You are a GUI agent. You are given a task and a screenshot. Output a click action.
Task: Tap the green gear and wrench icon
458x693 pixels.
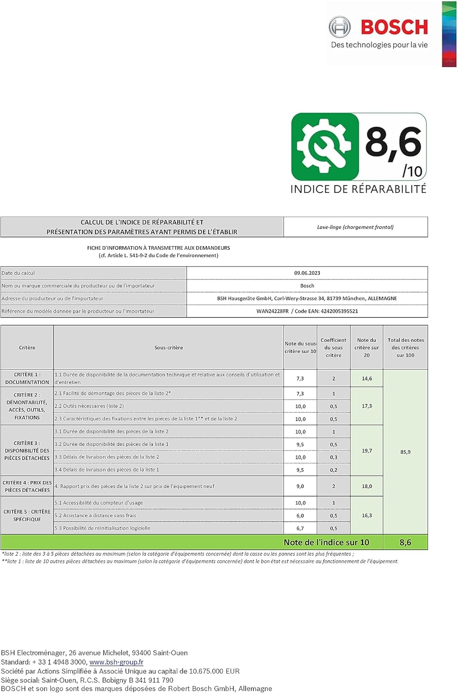pyautogui.click(x=325, y=146)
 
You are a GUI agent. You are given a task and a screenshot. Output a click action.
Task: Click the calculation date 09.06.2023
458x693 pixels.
pyautogui.click(x=307, y=273)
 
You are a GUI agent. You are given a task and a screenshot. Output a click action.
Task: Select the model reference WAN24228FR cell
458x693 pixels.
pyautogui.click(x=307, y=311)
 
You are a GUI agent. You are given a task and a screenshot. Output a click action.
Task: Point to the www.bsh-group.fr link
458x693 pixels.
pyautogui.click(x=116, y=662)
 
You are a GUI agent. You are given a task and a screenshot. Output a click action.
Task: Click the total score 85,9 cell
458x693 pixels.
pyautogui.click(x=405, y=452)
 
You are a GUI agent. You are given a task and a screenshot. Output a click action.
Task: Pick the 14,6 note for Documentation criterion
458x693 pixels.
pyautogui.click(x=367, y=378)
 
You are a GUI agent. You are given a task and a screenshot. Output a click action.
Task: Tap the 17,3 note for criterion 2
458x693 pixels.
pyautogui.click(x=367, y=406)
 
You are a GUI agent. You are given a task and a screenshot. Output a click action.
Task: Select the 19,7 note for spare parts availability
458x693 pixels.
pyautogui.click(x=367, y=450)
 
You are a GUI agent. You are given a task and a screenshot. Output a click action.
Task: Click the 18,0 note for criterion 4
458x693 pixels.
pyautogui.click(x=367, y=486)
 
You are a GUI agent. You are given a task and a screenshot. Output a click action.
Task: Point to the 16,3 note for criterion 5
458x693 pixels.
pyautogui.click(x=367, y=515)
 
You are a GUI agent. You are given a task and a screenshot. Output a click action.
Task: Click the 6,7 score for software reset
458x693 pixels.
pyautogui.click(x=300, y=528)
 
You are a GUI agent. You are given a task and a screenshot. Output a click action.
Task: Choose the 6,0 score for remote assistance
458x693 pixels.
pyautogui.click(x=300, y=516)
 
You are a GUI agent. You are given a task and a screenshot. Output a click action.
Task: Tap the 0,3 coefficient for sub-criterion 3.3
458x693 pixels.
pyautogui.click(x=333, y=457)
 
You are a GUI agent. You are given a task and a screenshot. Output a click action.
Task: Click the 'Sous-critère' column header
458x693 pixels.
pyautogui.click(x=169, y=347)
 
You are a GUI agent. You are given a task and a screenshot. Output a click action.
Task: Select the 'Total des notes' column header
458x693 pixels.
pyautogui.click(x=405, y=347)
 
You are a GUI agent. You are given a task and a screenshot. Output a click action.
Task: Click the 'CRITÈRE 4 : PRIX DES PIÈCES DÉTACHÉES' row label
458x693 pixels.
pyautogui.click(x=27, y=486)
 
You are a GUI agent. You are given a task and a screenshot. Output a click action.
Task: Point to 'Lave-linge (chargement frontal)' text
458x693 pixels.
pyautogui.click(x=355, y=227)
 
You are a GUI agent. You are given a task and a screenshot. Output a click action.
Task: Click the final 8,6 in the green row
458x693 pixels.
pyautogui.click(x=405, y=542)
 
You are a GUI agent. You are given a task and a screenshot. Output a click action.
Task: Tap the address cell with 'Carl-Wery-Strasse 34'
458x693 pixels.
pyautogui.click(x=307, y=298)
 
